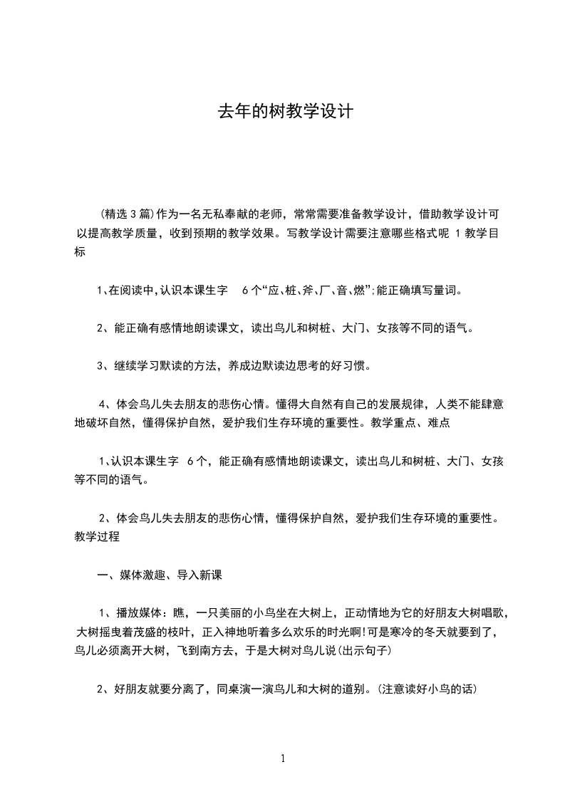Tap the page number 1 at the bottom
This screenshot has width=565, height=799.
(283, 758)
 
